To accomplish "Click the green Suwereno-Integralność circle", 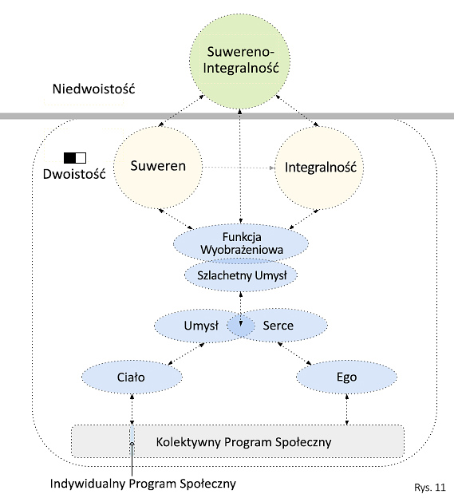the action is (x=240, y=61).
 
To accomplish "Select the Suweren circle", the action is (x=158, y=167).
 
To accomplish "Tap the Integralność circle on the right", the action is (x=319, y=168).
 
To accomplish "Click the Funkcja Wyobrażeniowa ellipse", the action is (x=241, y=243).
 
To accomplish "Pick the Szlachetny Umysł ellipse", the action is (x=241, y=275).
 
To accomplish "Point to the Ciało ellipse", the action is (x=132, y=377).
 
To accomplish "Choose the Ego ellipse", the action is (x=347, y=377).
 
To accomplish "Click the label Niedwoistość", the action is (x=94, y=89).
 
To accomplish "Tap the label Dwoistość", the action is (x=74, y=174).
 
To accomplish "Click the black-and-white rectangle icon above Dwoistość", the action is (x=75, y=158).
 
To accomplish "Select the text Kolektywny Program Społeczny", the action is (x=243, y=442).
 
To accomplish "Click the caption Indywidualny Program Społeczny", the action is (x=143, y=484).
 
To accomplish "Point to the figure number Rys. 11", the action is (x=430, y=488).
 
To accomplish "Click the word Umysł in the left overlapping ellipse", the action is (x=201, y=326).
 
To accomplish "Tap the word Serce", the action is (x=278, y=326).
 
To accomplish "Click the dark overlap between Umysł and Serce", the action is (x=241, y=326).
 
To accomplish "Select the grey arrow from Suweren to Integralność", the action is (x=239, y=168).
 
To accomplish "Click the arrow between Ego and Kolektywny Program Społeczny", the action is (x=347, y=409).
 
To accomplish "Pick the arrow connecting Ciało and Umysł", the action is (x=187, y=354).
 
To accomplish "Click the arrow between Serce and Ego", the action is (x=294, y=354).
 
